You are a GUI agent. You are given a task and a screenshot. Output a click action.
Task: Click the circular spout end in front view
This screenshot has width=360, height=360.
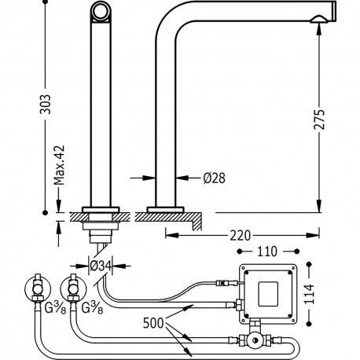(101, 11)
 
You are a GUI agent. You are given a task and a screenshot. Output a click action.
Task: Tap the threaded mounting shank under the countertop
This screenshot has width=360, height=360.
(100, 230)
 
